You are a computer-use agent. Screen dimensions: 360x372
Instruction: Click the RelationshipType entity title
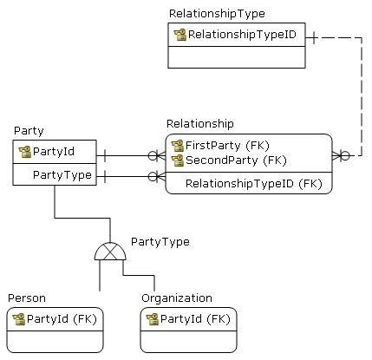[x=217, y=14]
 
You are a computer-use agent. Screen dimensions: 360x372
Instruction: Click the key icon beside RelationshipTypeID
[x=180, y=35]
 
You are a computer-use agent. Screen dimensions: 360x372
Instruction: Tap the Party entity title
[x=29, y=130]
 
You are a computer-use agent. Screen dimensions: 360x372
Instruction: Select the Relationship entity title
[x=199, y=124]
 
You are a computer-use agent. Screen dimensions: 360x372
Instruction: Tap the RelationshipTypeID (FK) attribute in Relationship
[x=253, y=183]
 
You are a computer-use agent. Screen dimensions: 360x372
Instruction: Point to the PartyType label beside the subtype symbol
[x=160, y=241]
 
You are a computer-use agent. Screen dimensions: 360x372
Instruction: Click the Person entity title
[x=27, y=298]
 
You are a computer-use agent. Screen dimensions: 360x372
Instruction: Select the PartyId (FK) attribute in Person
[x=62, y=318]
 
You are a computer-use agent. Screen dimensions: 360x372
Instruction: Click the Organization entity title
[x=176, y=298]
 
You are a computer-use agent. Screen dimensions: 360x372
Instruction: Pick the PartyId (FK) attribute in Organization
[x=195, y=318]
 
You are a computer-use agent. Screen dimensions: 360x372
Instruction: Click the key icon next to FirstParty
[x=179, y=145]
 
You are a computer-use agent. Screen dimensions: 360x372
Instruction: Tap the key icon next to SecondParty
[x=179, y=160]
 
